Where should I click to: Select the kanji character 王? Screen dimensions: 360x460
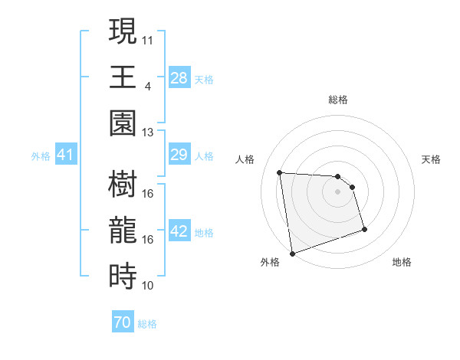(x=123, y=77)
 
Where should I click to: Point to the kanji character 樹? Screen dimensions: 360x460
(x=123, y=185)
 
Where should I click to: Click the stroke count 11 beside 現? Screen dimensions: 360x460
(x=148, y=38)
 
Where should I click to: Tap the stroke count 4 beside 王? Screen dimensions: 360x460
(x=147, y=85)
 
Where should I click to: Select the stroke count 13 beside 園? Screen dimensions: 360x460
(x=148, y=132)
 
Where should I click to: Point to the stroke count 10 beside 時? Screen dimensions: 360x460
(x=148, y=286)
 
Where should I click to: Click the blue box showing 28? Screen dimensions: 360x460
(x=179, y=77)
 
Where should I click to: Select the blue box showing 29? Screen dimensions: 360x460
(x=179, y=155)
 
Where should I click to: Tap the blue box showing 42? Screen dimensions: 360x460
(x=179, y=231)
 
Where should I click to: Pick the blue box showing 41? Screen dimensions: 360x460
(x=65, y=155)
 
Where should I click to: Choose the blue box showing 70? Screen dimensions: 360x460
(x=122, y=322)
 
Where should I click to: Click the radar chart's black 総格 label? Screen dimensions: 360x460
(x=337, y=100)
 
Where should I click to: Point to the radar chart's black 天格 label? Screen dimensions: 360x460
(x=432, y=159)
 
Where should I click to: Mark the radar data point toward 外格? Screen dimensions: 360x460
(x=291, y=253)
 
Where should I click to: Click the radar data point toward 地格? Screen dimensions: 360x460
(x=364, y=229)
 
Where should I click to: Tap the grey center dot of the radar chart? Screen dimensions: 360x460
(x=337, y=191)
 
